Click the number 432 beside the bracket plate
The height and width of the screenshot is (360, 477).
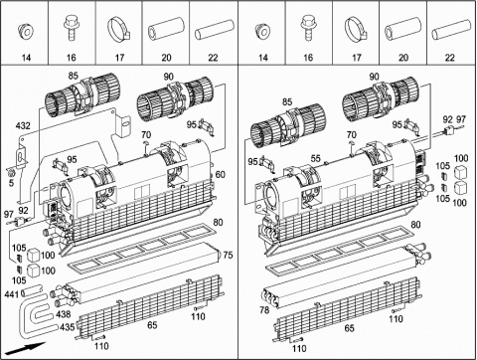[23, 126]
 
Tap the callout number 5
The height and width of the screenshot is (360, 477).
[12, 183]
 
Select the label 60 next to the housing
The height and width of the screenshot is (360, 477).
[221, 174]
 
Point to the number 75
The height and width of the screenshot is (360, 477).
[228, 255]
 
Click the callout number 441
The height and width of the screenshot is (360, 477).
[12, 294]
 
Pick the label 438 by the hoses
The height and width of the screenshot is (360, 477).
[64, 314]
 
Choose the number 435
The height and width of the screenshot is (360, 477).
[68, 327]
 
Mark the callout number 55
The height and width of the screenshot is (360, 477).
[316, 158]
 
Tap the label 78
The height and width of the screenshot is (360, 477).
[264, 310]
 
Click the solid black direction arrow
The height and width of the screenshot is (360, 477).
[26, 348]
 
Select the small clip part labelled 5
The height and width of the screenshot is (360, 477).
[11, 172]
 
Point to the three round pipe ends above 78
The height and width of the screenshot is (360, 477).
[271, 296]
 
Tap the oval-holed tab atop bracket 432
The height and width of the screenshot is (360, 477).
[124, 124]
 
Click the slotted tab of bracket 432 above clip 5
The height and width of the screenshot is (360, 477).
[22, 156]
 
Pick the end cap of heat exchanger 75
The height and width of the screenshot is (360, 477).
[219, 256]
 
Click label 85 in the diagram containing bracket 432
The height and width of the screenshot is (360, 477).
[74, 76]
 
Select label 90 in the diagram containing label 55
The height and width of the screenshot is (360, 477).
[374, 77]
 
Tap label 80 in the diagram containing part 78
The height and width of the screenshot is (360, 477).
[415, 225]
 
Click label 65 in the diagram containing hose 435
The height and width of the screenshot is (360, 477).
[152, 325]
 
